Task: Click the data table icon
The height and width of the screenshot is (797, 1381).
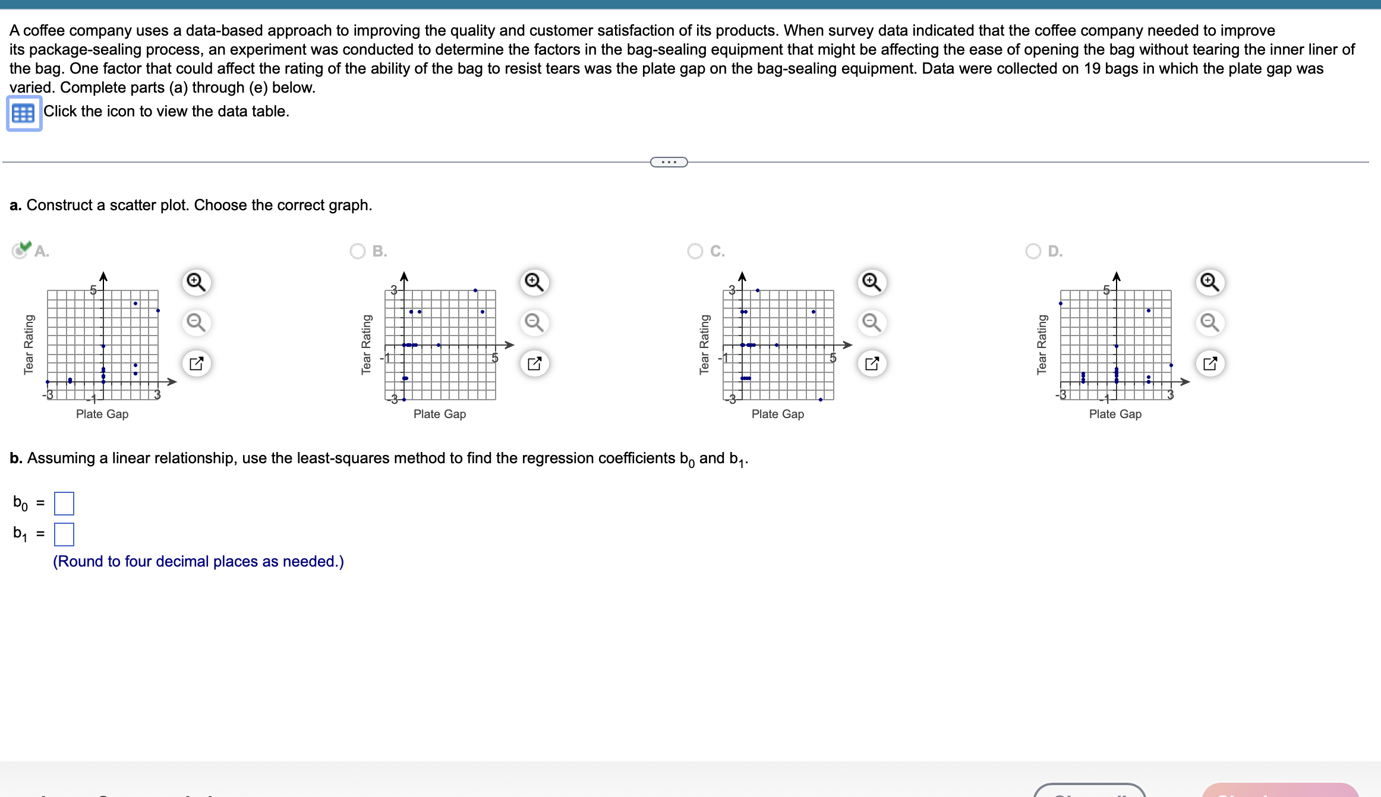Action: click(24, 113)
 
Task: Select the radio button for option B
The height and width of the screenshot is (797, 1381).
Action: click(358, 251)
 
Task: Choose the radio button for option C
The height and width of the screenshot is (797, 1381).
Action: click(695, 251)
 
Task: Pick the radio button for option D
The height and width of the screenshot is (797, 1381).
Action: click(1033, 251)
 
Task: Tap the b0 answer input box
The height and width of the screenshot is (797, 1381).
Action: click(64, 504)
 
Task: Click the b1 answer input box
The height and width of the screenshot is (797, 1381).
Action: click(64, 535)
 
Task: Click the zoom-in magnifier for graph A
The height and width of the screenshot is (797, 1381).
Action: click(196, 282)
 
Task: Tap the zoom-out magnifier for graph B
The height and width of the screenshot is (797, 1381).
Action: click(534, 322)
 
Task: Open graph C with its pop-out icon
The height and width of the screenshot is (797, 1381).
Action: click(872, 363)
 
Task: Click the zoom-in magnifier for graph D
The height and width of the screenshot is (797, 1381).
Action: click(1210, 282)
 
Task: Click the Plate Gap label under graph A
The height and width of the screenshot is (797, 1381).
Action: click(102, 414)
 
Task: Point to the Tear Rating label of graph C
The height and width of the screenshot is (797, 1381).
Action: click(704, 344)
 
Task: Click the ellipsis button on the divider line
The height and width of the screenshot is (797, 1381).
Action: click(669, 162)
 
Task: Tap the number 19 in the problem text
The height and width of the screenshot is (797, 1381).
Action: click(1092, 68)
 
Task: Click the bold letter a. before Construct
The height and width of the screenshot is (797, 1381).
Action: click(15, 205)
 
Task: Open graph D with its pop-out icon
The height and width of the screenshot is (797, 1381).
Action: click(1210, 363)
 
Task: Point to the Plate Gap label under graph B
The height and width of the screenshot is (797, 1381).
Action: click(440, 414)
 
